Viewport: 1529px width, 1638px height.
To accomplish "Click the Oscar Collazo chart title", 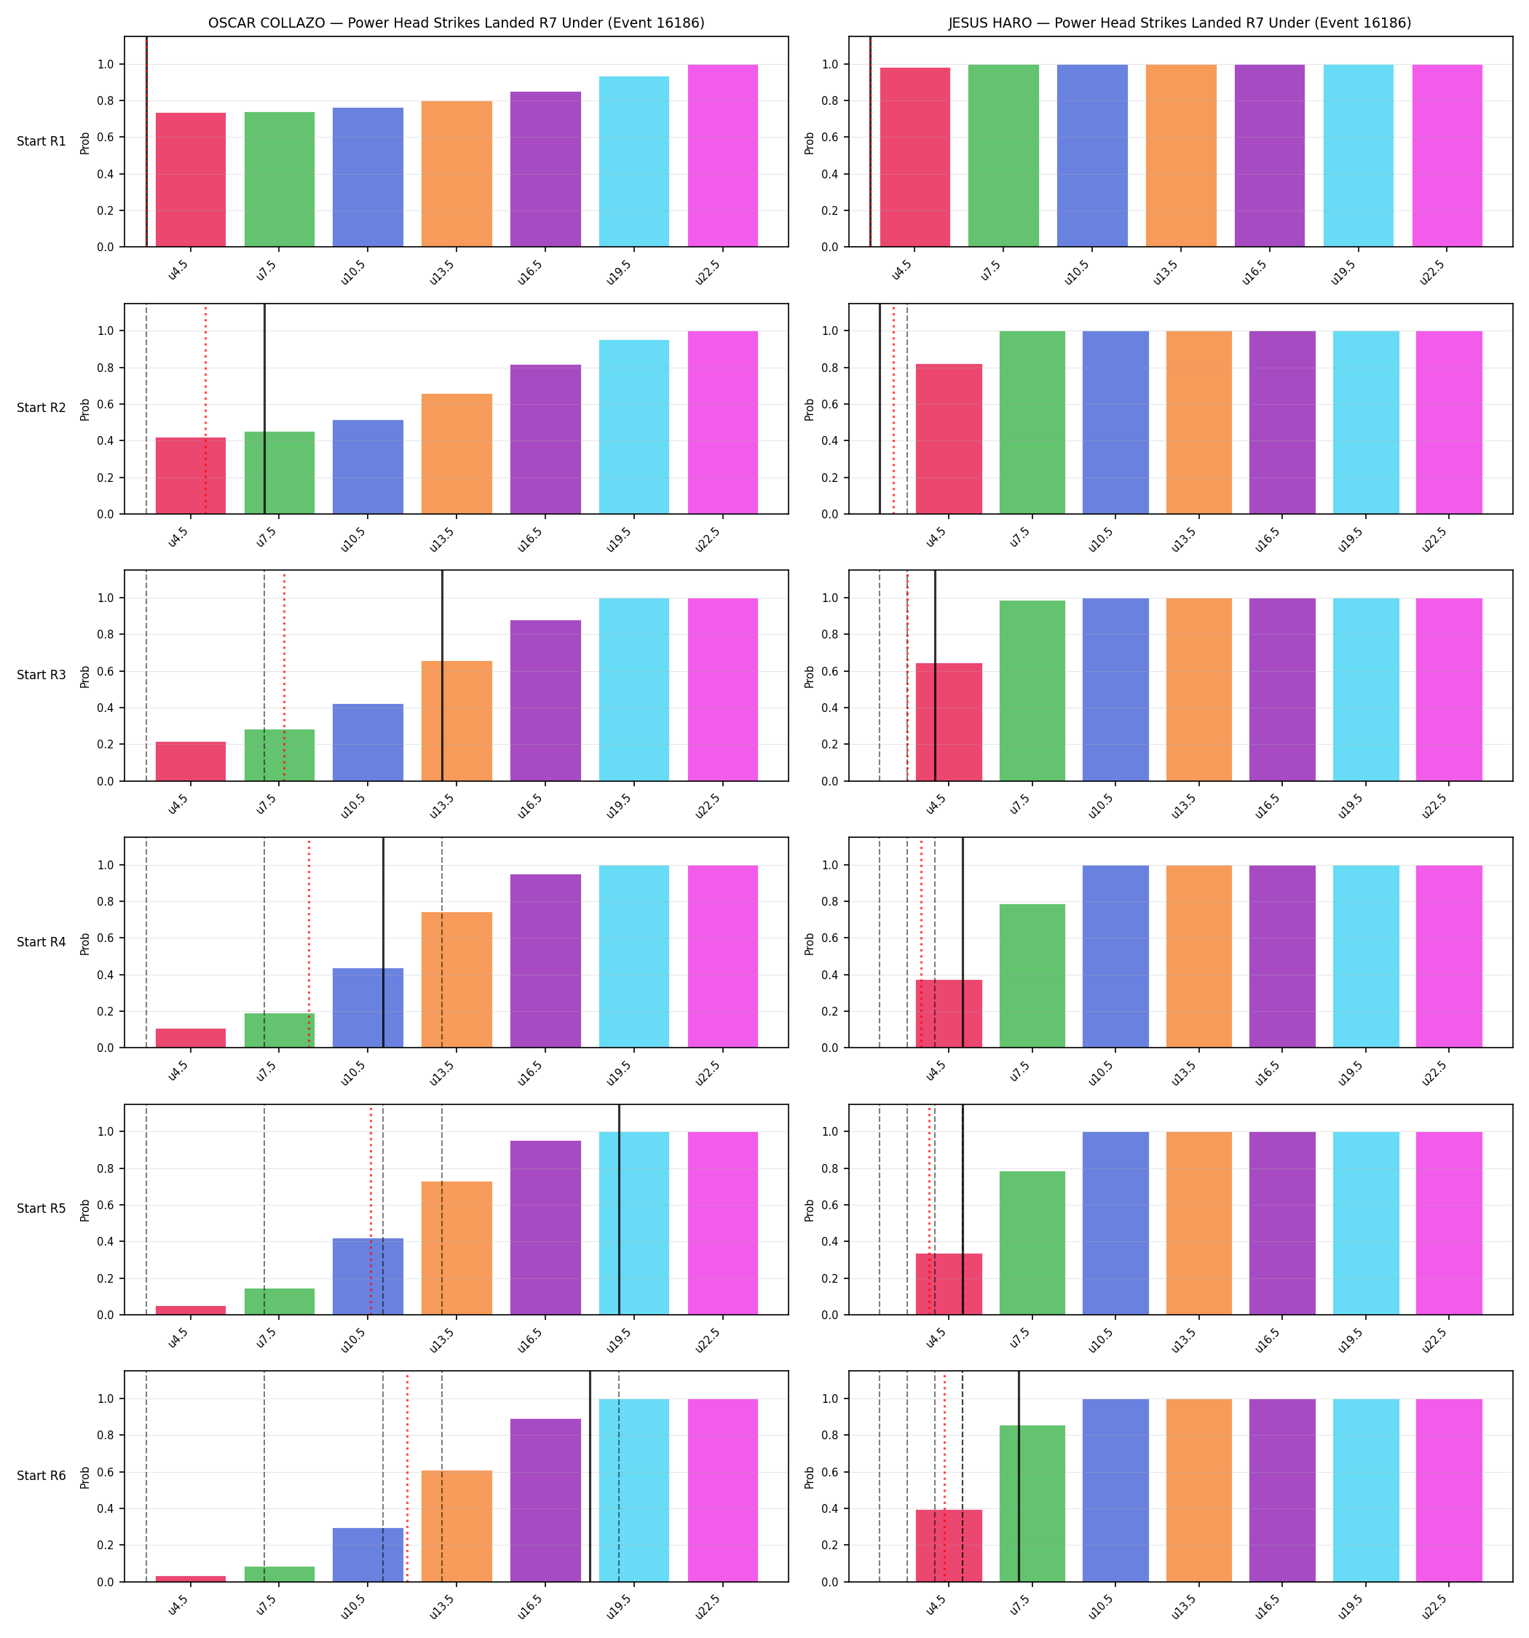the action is [456, 23].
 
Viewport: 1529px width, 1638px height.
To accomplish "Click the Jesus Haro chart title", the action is [1180, 23].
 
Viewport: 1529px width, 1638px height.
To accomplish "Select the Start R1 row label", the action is [42, 141].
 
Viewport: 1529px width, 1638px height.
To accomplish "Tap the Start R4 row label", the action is [42, 942].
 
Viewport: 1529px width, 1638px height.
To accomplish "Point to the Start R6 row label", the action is [42, 1476].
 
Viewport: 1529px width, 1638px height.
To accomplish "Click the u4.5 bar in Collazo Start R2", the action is [191, 475].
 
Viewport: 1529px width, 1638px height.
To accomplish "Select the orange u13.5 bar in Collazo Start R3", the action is [457, 721].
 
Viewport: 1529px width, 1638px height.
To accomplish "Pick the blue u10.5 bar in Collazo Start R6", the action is [368, 1555].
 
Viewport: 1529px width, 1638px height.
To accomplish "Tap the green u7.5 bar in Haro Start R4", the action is [1032, 976].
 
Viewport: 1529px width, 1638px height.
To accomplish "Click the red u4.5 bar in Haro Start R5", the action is [949, 1284].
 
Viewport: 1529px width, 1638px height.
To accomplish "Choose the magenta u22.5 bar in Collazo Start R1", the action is [723, 156].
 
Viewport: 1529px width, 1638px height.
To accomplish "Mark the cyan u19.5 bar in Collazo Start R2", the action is [634, 427].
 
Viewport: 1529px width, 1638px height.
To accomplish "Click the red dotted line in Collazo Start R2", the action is [205, 408].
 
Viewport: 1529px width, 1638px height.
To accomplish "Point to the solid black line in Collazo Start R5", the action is [619, 1209].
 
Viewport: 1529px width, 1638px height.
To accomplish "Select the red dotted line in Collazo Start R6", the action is [406, 1476].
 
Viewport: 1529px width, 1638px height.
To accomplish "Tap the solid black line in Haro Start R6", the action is [1019, 1476].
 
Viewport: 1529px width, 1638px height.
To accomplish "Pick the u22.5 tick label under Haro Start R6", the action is [1434, 1607].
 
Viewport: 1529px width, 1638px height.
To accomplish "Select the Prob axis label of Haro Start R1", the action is [810, 143].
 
